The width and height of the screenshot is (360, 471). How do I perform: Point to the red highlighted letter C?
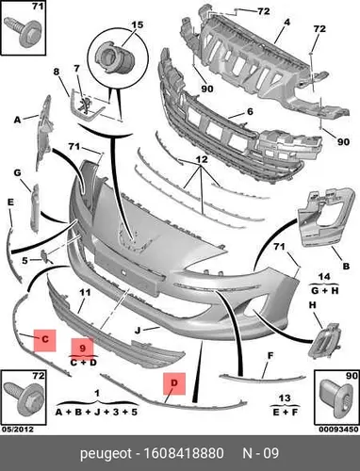[45, 339]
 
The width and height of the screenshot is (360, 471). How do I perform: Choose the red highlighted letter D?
[174, 383]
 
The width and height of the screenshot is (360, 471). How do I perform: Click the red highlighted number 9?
[82, 348]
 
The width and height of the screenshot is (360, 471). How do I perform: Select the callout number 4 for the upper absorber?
[287, 23]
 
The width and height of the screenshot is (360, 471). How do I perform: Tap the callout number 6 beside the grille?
[250, 111]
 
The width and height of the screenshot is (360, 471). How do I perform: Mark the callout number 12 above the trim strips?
[202, 159]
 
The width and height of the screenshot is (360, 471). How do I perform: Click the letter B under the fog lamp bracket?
[346, 267]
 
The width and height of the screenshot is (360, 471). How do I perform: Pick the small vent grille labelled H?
[326, 341]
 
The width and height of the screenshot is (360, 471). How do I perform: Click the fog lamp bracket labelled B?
[325, 217]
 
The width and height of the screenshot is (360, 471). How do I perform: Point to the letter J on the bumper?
[138, 331]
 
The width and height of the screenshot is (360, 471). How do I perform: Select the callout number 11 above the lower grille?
[85, 292]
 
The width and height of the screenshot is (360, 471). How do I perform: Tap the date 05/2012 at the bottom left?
[17, 430]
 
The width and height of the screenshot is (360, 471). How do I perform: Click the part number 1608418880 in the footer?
[184, 454]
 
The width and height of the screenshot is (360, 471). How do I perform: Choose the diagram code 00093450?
[338, 430]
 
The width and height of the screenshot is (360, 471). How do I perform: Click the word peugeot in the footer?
[106, 454]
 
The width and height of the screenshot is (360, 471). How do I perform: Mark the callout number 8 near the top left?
[57, 72]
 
